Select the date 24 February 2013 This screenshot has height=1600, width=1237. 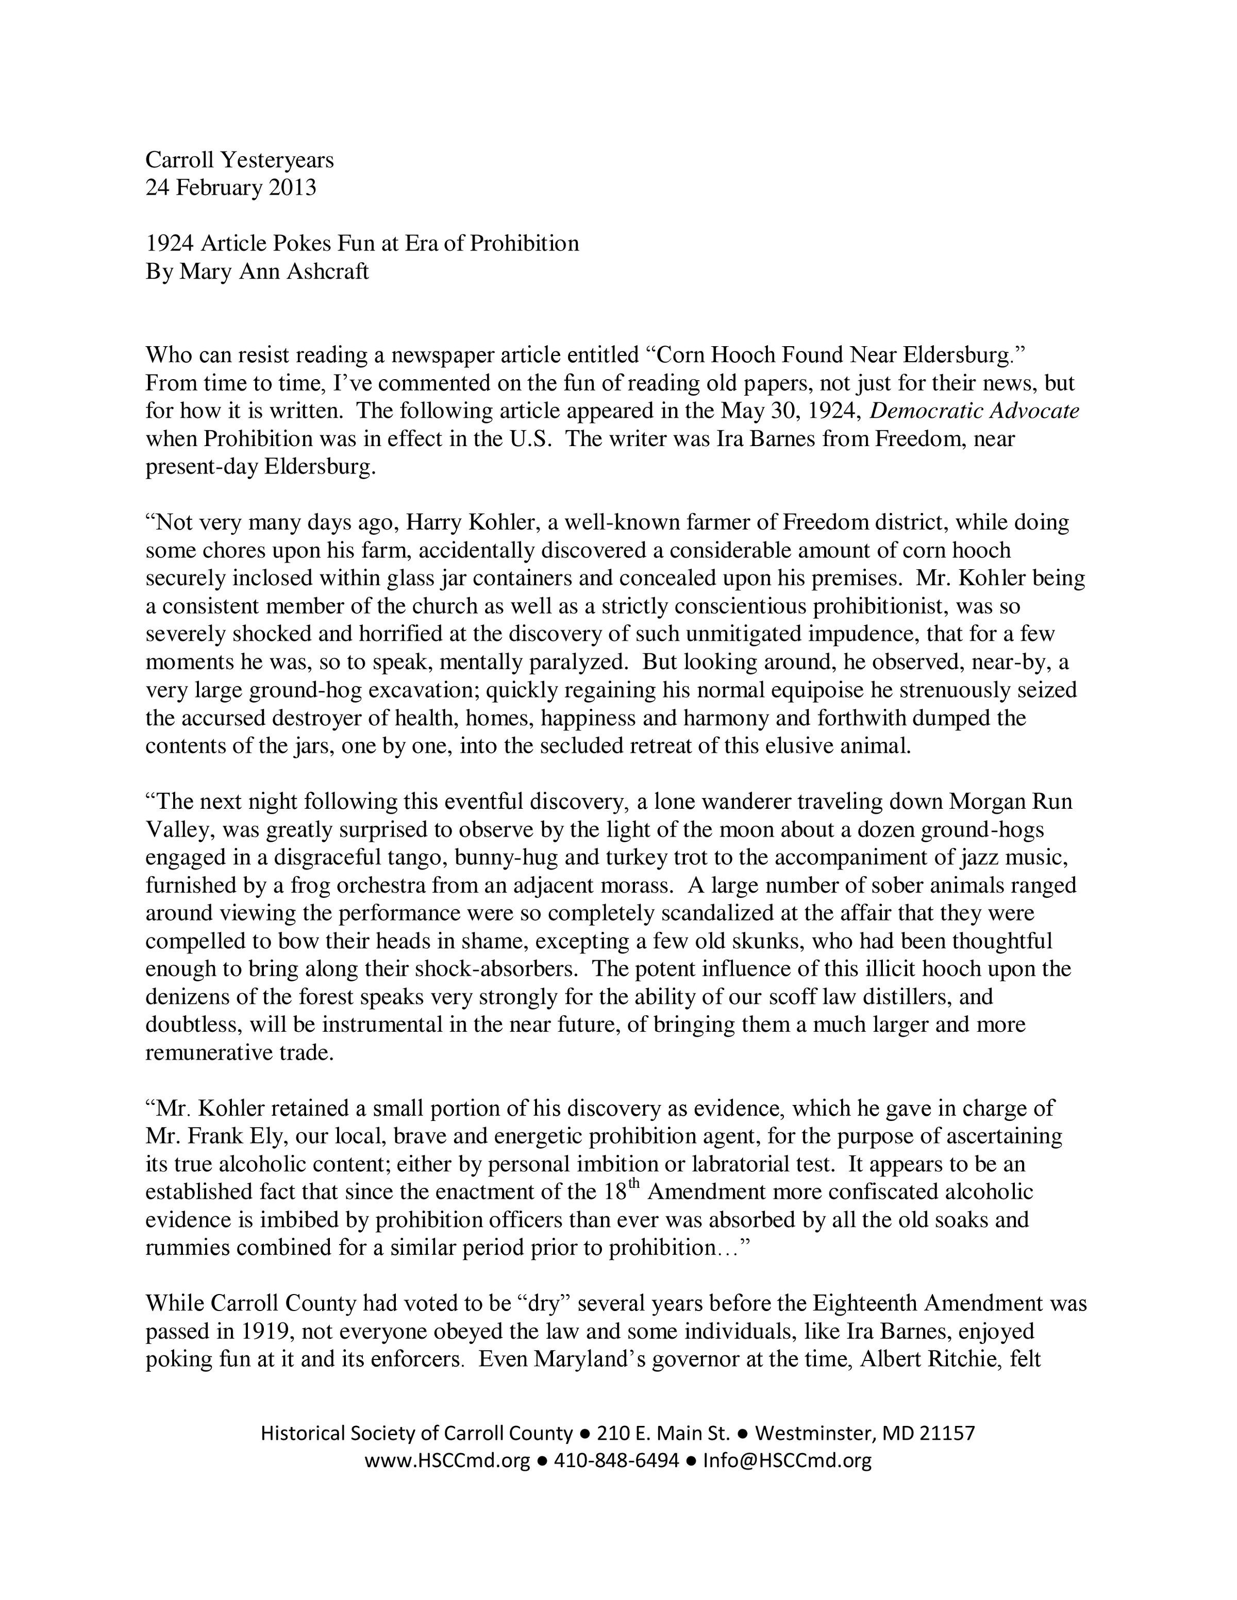click(x=231, y=188)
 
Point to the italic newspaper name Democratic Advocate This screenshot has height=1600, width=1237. click(x=974, y=411)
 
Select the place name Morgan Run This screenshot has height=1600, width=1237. click(x=1011, y=802)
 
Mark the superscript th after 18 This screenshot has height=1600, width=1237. click(x=634, y=1185)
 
